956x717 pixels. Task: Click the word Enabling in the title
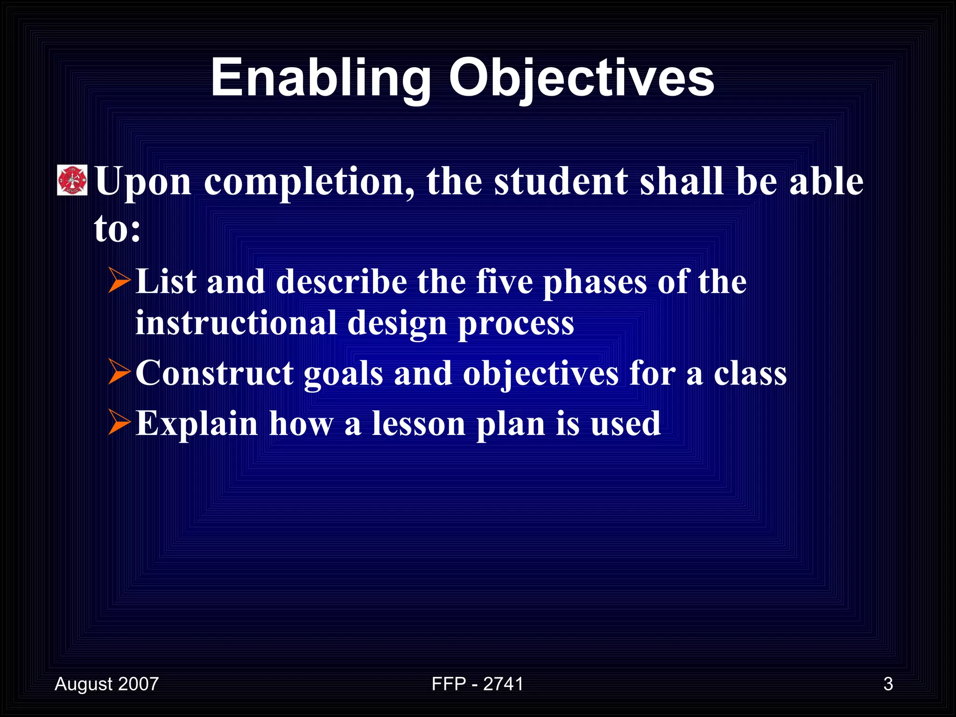320,78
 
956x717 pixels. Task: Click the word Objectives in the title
581,78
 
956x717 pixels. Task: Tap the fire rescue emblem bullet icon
72,180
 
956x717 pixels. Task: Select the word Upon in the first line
143,182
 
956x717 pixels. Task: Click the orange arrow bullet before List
119,281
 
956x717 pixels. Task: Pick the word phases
595,282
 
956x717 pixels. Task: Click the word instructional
236,323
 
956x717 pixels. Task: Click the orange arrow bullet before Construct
119,372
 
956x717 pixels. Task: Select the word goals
343,374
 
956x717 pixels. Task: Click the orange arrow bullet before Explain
119,422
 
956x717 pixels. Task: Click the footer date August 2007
106,684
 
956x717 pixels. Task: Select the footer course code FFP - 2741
477,684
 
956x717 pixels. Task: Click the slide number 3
888,684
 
